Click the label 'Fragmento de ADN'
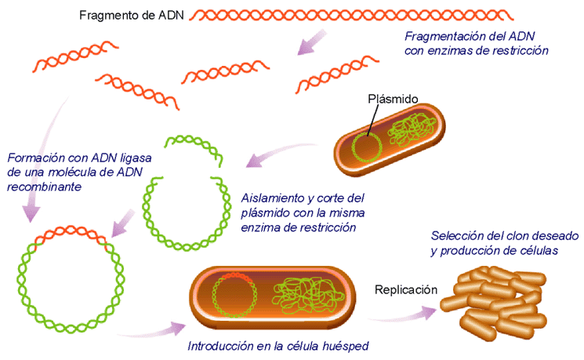(x=132, y=16)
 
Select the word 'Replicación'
(x=405, y=289)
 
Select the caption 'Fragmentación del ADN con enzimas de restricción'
(x=475, y=43)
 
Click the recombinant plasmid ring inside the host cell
(x=234, y=297)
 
